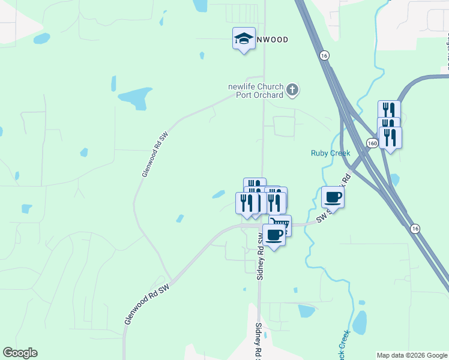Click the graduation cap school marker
(x=244, y=39)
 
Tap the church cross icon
(x=292, y=91)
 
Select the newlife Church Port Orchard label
(x=256, y=91)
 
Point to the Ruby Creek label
(x=330, y=153)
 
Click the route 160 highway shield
(x=372, y=143)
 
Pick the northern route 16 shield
(x=324, y=55)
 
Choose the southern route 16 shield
(x=415, y=228)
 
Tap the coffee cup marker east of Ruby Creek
(x=333, y=197)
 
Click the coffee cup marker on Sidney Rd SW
(x=274, y=235)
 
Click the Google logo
(x=20, y=353)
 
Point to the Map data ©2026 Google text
(x=411, y=355)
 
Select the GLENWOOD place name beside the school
(x=272, y=40)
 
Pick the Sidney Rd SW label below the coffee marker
(x=260, y=255)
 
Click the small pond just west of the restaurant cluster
(x=218, y=194)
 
